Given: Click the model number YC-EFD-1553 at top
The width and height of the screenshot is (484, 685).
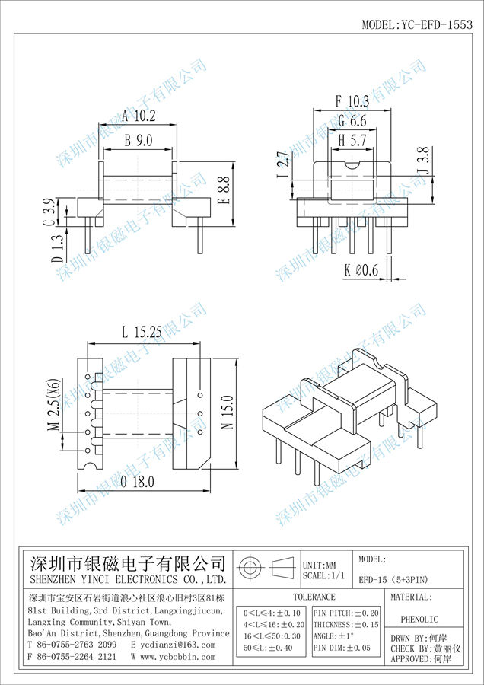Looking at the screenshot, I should click(417, 24).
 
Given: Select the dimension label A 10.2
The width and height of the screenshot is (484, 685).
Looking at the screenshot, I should click(138, 116).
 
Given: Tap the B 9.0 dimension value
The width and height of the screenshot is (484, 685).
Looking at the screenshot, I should click(138, 140).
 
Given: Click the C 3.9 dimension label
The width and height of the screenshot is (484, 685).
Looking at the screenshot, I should click(48, 212).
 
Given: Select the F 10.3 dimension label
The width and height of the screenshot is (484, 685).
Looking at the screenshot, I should click(352, 101).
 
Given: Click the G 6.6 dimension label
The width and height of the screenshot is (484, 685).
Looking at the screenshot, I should click(352, 121).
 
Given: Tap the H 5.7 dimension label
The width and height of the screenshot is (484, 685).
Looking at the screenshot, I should click(352, 140).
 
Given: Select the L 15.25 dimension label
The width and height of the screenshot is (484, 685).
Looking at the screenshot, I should click(141, 333).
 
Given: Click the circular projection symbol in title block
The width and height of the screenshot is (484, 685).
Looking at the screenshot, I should click(250, 568).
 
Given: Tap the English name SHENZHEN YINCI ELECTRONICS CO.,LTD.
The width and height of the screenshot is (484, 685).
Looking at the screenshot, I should click(127, 579).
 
